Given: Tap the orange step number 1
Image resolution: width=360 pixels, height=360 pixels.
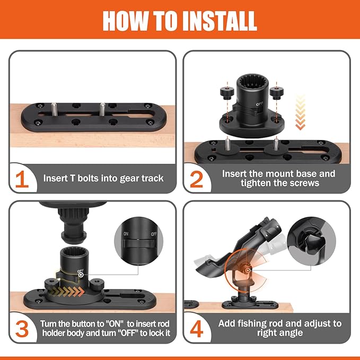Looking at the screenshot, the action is [22, 180].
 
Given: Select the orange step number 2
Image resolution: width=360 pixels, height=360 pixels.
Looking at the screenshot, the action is [197, 180].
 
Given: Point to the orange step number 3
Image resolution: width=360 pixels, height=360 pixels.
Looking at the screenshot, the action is [22, 330].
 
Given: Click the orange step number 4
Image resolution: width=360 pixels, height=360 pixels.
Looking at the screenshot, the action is [197, 330].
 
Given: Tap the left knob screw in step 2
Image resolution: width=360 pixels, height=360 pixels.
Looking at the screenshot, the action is [227, 93].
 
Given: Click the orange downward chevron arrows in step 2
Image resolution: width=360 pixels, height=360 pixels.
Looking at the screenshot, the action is [300, 112].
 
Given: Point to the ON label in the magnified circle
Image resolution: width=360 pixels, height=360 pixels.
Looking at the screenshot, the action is [126, 234].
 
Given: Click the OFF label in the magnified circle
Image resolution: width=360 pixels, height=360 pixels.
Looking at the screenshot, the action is [154, 234].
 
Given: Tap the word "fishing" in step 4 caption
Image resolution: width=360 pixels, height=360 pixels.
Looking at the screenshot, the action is [252, 324].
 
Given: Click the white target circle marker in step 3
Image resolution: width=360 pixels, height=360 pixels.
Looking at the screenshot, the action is [81, 275].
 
